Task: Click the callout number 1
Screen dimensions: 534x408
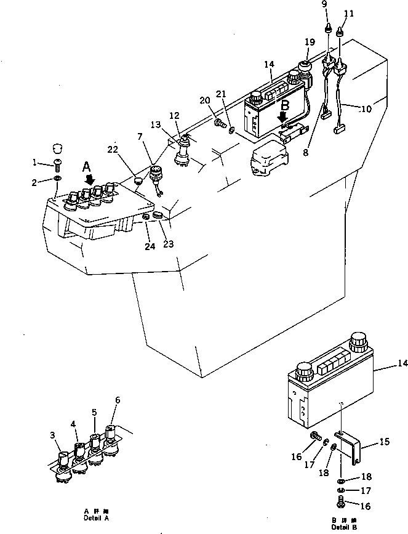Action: point(35,163)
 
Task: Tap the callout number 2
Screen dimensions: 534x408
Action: point(35,181)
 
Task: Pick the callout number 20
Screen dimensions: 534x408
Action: point(204,100)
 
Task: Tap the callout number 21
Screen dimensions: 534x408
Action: point(221,94)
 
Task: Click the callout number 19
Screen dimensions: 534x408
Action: point(309,42)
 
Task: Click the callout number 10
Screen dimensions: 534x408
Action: point(366,110)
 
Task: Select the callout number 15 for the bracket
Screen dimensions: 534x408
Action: point(384,441)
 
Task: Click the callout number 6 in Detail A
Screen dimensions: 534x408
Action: point(117,400)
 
